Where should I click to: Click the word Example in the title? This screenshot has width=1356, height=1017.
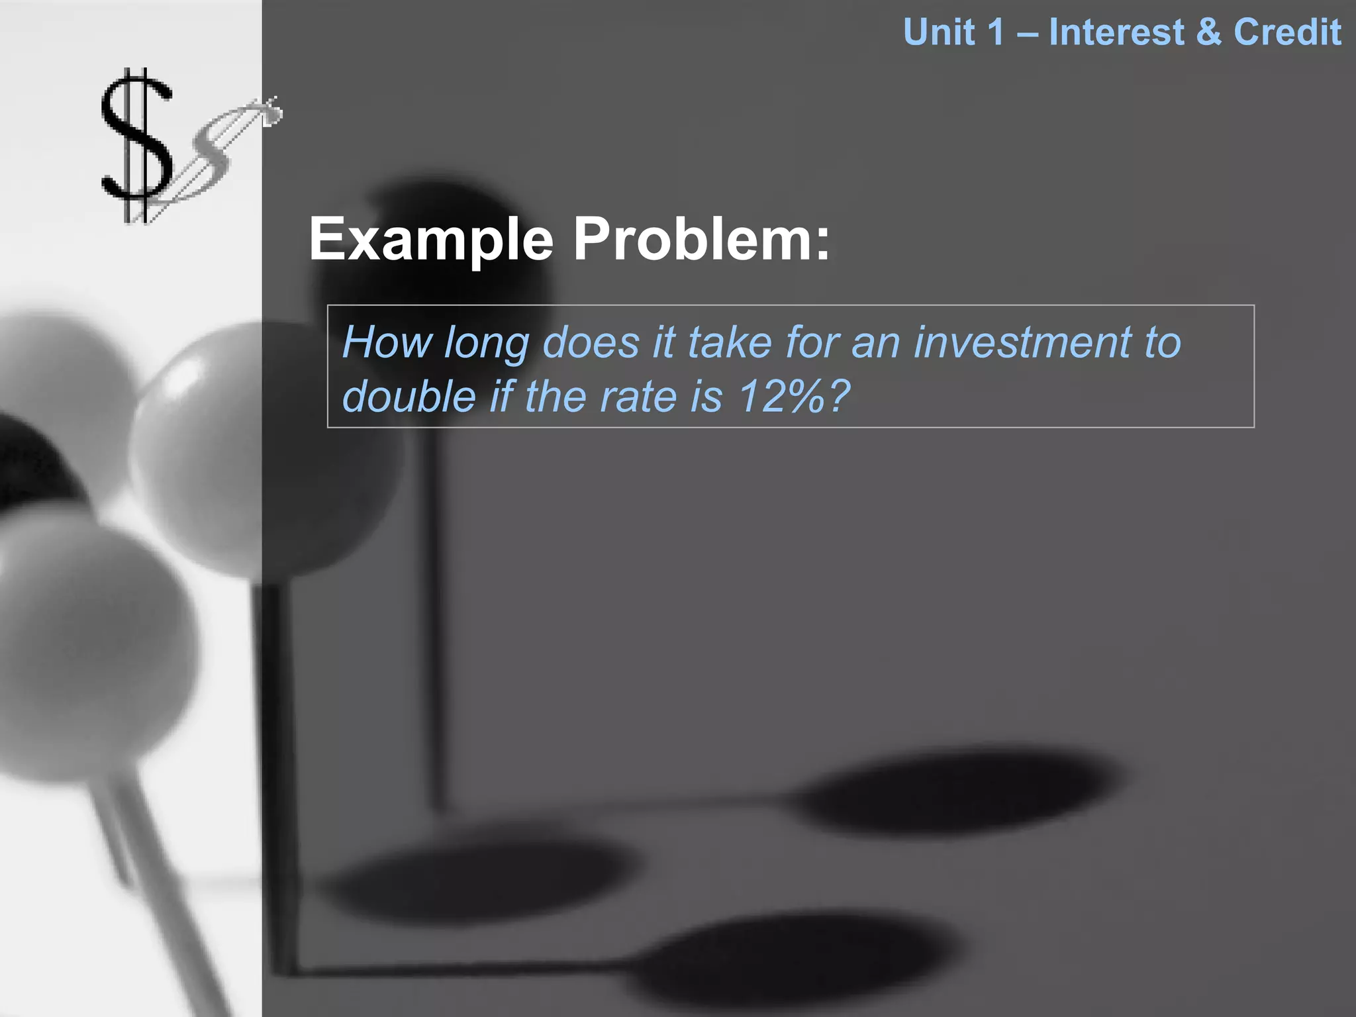tap(431, 240)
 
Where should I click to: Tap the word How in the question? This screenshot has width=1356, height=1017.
tap(387, 342)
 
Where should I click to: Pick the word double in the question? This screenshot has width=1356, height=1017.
tap(409, 397)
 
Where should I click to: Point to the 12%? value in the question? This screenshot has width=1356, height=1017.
tap(793, 397)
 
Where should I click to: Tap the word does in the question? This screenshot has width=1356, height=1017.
tap(591, 342)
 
